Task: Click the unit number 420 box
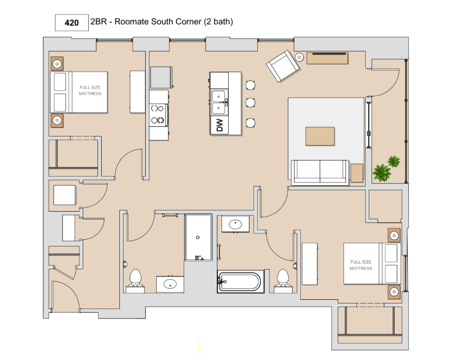(72, 22)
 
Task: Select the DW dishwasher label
(219, 126)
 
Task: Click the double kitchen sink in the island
(219, 102)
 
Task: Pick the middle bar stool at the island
(251, 103)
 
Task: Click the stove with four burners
(158, 115)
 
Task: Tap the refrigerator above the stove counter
(161, 77)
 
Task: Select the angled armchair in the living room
(283, 66)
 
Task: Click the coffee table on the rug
(320, 136)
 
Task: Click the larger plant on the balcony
(381, 173)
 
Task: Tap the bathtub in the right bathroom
(241, 282)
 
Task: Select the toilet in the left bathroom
(135, 281)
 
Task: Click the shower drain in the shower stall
(198, 238)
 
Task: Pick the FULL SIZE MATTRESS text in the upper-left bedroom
(90, 90)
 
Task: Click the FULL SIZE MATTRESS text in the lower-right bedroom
(361, 265)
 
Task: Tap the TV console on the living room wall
(327, 58)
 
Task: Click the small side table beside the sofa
(357, 173)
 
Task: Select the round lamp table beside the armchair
(299, 57)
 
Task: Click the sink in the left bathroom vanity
(170, 284)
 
